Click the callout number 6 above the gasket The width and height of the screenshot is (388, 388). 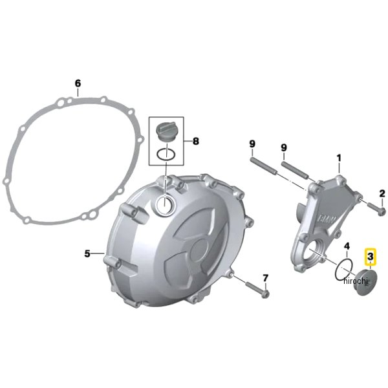click(78, 83)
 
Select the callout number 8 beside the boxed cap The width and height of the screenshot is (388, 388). click(195, 141)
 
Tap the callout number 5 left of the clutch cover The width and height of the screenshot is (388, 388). click(87, 253)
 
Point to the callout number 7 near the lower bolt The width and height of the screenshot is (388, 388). click(265, 278)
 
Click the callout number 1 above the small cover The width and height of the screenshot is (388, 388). click(339, 158)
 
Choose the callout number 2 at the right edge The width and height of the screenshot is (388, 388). click(382, 193)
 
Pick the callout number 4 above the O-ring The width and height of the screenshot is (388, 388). click(347, 246)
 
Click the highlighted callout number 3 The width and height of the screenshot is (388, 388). click(371, 257)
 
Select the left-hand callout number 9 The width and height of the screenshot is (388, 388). click(252, 144)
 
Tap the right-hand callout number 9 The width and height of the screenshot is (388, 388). click(284, 147)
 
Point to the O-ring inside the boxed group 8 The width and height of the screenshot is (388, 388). click(166, 155)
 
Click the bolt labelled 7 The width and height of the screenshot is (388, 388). click(257, 290)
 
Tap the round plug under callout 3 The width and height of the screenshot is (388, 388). click(365, 283)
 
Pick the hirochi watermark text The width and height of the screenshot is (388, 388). click(356, 281)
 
